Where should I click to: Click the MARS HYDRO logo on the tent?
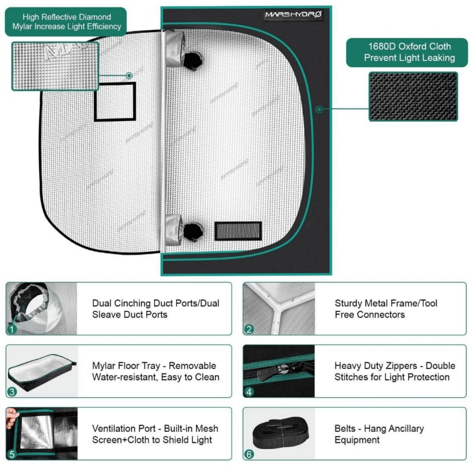coord(293,15)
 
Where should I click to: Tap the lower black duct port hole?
coord(193,232)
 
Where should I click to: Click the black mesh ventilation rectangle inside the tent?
coord(238,231)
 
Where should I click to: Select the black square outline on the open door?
coord(115,101)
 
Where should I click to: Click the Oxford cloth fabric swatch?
coord(413,97)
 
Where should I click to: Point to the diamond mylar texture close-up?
coord(55,66)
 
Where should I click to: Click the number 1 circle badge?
coord(12,329)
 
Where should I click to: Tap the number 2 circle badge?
coord(249,329)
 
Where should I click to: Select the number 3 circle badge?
coord(12,391)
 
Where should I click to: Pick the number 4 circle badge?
coord(249,391)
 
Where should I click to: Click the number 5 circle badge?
coord(12,454)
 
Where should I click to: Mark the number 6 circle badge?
coord(249,454)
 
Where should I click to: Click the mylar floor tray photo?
coord(41,371)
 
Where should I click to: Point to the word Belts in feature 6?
coord(345,429)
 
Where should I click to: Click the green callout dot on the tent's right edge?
coord(319,109)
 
